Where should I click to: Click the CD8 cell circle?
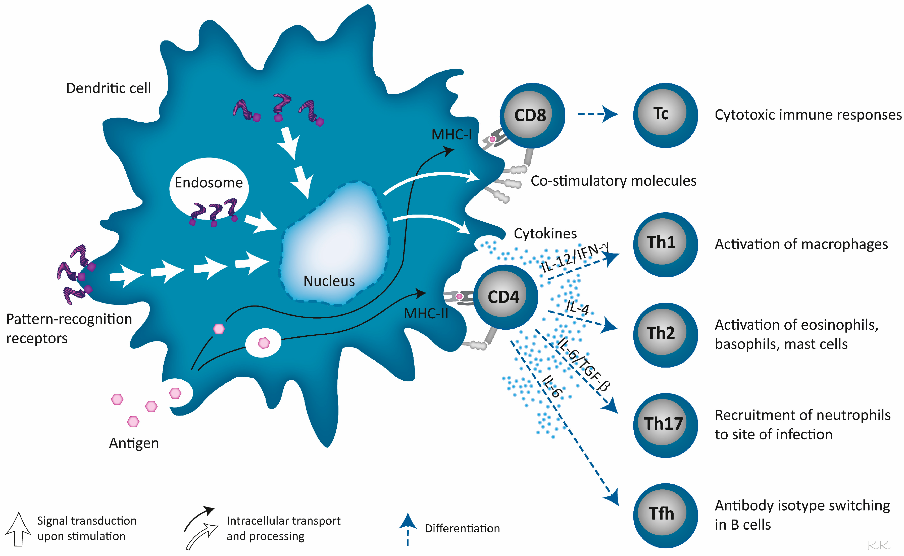(532, 116)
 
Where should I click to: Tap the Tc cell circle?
(665, 115)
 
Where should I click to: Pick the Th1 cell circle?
(665, 244)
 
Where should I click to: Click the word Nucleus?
(329, 281)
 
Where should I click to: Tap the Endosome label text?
(209, 183)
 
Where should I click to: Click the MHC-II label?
(426, 314)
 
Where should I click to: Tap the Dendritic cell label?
(109, 88)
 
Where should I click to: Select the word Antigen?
(134, 443)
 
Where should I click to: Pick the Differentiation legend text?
(462, 528)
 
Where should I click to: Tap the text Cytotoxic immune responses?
(808, 115)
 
